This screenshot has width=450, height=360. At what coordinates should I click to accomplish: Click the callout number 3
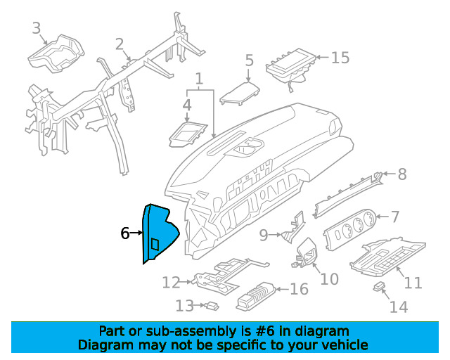click(x=37, y=28)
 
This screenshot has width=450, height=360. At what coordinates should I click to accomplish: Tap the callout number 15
click(x=340, y=58)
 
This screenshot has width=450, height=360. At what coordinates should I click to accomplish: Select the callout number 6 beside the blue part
click(x=125, y=233)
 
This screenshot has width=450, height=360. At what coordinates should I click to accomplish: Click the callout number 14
click(x=399, y=307)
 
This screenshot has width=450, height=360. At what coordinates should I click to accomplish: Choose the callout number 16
click(x=299, y=290)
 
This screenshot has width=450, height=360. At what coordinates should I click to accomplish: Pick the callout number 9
click(x=264, y=236)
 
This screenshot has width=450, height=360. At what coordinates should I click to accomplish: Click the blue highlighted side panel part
click(x=160, y=231)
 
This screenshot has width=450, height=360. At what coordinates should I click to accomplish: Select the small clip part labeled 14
click(x=380, y=286)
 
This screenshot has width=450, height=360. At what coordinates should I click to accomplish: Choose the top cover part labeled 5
click(x=239, y=91)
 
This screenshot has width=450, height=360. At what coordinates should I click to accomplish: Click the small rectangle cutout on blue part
click(x=155, y=243)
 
